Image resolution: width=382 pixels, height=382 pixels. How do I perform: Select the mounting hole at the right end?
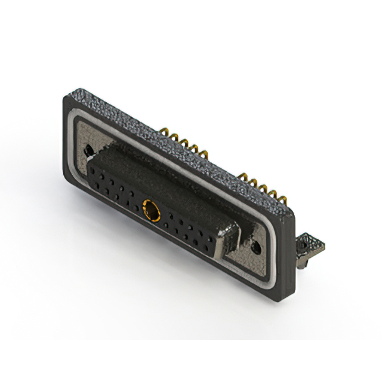tap(257, 245)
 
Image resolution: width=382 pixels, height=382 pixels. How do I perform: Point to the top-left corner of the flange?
tap(66, 97)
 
